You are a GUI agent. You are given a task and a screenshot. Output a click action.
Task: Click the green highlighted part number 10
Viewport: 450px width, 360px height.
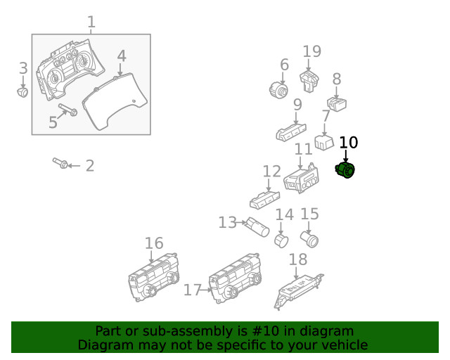(x=346, y=170)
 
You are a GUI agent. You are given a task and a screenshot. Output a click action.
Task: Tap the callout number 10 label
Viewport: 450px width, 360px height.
(x=348, y=142)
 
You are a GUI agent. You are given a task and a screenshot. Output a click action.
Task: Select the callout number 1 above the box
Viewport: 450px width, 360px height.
(x=91, y=22)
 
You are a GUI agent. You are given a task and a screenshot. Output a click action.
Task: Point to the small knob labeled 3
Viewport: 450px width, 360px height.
(x=23, y=91)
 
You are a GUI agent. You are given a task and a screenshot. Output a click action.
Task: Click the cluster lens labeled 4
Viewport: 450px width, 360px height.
(x=116, y=104)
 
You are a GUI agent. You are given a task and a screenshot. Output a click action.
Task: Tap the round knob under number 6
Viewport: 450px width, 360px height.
(x=278, y=90)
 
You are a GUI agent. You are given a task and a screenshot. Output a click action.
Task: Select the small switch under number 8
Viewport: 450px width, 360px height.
(x=337, y=105)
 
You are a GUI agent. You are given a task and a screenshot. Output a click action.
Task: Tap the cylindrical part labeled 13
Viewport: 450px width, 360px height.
(x=257, y=227)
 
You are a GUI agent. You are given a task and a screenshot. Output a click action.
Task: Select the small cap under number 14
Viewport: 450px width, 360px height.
(x=282, y=241)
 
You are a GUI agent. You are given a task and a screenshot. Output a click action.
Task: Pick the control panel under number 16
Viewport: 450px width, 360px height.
(x=154, y=280)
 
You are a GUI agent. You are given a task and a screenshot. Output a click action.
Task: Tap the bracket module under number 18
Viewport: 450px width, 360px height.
(x=297, y=288)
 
